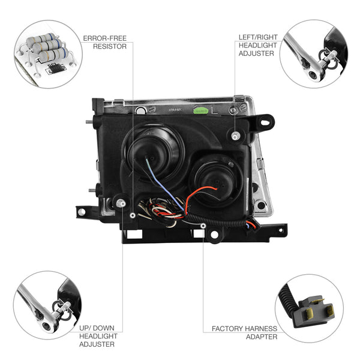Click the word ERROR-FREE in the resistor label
104,38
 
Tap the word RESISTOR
110,46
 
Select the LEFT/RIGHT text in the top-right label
258,37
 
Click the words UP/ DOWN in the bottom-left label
97,328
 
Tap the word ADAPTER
262,337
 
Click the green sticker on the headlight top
200,111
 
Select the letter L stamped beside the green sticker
215,110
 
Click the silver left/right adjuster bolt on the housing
235,136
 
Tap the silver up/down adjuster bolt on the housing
121,203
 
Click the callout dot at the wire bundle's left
133,215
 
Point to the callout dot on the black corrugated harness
203,226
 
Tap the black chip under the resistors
56,68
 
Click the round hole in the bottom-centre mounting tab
214,235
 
